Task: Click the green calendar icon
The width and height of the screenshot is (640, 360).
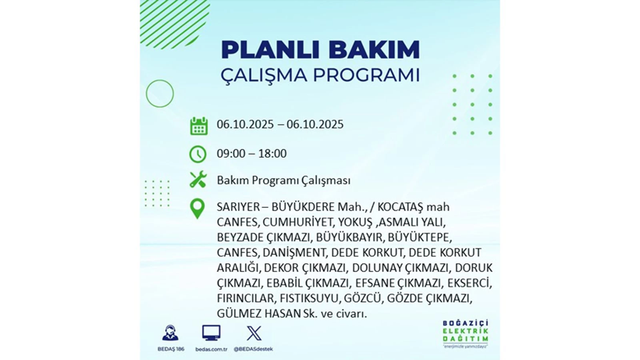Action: tap(198, 126)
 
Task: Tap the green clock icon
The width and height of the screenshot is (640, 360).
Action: tap(198, 154)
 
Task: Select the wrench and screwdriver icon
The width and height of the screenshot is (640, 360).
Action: tap(198, 180)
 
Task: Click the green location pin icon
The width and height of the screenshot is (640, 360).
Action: tap(198, 209)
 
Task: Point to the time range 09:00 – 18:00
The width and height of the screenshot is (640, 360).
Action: tap(251, 154)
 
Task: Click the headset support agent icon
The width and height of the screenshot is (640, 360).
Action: tap(169, 333)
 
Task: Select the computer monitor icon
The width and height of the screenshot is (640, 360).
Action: tap(211, 333)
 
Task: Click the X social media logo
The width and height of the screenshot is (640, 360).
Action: tap(254, 333)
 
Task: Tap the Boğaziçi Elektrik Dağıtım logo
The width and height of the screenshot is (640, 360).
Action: tap(465, 334)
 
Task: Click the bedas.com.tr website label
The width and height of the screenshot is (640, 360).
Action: tap(211, 349)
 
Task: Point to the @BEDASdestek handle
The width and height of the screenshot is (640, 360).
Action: tap(254, 349)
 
